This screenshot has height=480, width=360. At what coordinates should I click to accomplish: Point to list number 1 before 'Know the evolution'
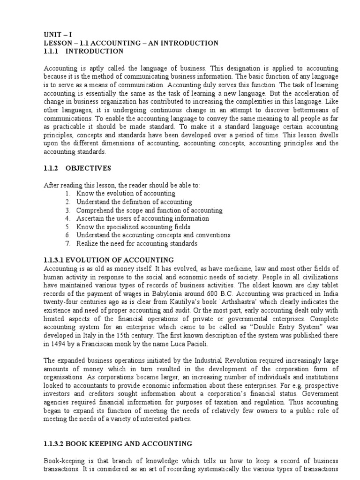pyautogui.click(x=68, y=193)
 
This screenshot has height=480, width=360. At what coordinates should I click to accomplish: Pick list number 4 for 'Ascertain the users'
pyautogui.click(x=68, y=218)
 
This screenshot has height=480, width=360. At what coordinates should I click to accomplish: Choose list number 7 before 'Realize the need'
pyautogui.click(x=68, y=244)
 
